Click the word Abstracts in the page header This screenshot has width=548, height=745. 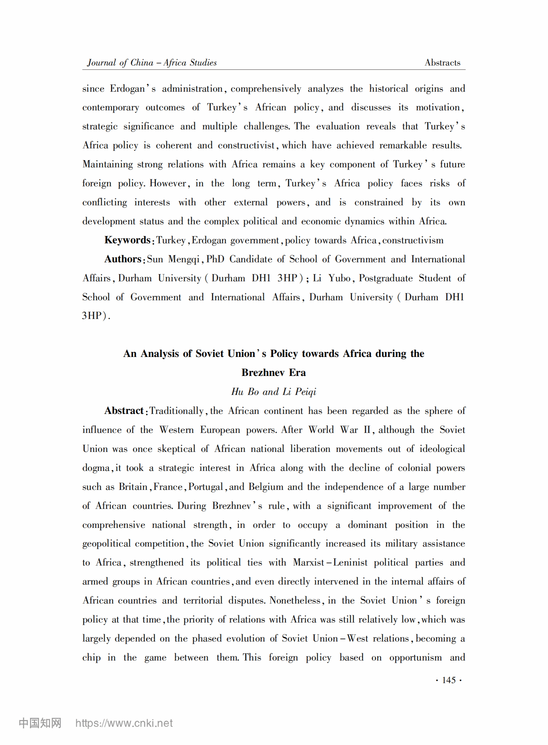(x=442, y=63)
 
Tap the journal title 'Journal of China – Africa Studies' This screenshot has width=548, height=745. (x=152, y=63)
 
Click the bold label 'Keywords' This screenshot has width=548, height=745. (x=128, y=240)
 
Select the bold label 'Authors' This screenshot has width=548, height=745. (x=123, y=259)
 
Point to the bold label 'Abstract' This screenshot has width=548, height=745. (x=124, y=411)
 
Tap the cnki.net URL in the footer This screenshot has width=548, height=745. (x=124, y=723)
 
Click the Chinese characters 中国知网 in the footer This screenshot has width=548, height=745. (x=40, y=723)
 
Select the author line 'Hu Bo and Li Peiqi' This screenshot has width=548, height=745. (x=274, y=392)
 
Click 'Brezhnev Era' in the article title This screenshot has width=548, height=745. (x=274, y=372)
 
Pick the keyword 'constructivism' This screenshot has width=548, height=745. (x=413, y=240)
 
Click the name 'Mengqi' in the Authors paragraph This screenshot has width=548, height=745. (x=184, y=259)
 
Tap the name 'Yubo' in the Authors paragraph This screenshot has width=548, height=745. (x=339, y=278)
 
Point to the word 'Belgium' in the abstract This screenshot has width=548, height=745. (x=266, y=487)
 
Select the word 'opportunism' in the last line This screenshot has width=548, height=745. (x=415, y=657)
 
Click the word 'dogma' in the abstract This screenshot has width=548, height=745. (x=96, y=468)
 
